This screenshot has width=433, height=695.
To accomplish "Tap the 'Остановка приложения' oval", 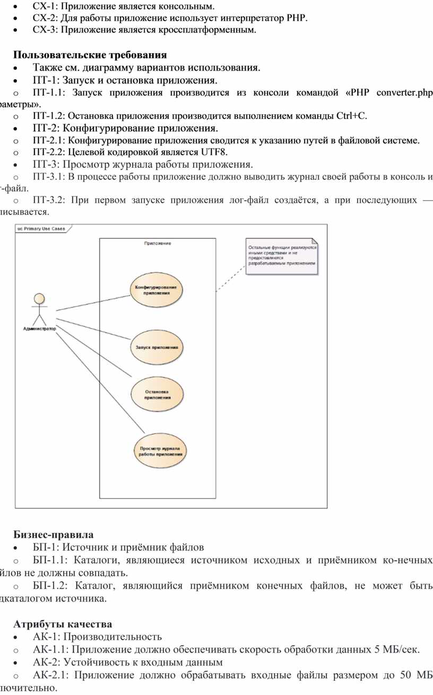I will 157,394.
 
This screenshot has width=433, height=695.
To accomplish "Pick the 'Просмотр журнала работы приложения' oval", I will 160,451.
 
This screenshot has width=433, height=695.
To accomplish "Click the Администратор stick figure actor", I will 39,308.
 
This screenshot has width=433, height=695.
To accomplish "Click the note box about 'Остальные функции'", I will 282,256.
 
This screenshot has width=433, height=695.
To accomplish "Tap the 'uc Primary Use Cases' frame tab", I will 41,228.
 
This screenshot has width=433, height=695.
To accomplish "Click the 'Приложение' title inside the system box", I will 157,243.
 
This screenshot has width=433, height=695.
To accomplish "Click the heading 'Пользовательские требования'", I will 90,55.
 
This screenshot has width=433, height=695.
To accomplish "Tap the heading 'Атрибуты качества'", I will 62,623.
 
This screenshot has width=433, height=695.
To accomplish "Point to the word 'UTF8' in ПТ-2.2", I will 213,151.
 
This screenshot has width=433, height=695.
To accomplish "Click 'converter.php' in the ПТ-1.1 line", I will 403,93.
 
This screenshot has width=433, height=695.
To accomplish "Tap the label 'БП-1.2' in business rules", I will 49,586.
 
